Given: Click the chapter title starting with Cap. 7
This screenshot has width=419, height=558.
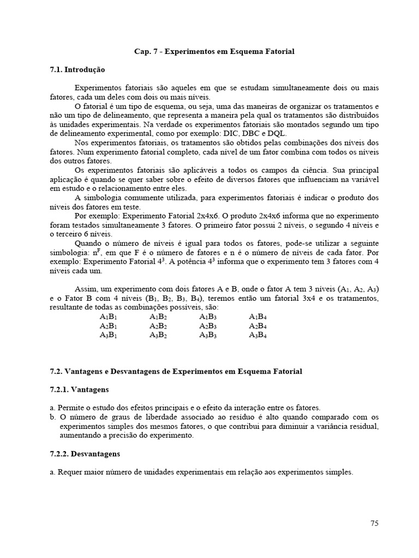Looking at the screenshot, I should coord(214,52).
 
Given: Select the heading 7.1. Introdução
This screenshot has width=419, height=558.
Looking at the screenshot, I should coord(77,70).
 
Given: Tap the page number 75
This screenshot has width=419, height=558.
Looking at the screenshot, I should coord(374,524).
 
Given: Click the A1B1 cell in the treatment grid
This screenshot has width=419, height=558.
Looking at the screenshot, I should coord(109,317).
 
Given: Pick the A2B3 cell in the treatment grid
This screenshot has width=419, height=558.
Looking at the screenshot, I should coord(208,326).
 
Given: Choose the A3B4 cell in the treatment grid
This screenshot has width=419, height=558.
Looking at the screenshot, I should coord(258,335).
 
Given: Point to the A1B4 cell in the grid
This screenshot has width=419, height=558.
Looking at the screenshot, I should coord(258,317).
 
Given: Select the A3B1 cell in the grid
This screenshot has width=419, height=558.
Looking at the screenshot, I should coord(109,335).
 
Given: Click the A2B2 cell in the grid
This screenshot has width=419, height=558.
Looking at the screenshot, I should coord(158,326).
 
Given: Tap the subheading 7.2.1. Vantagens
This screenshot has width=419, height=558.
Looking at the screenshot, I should coord(79,390).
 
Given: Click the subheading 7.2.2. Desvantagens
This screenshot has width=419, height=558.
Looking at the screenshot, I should coord(85,453).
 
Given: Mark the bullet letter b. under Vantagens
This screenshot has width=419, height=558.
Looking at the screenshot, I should coord(52,417).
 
